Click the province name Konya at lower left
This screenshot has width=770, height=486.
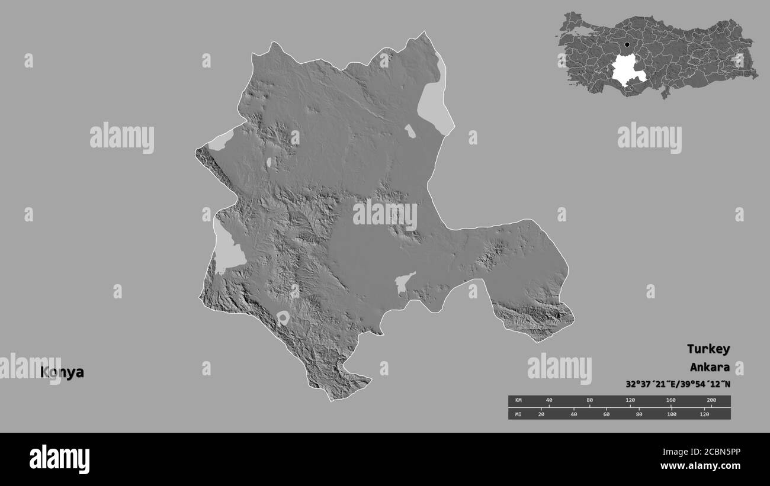pos(62,372)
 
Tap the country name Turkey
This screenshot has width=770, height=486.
pos(708,349)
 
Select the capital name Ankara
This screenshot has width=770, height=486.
pos(709,367)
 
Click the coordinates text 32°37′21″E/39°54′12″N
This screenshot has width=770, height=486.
pos(678,384)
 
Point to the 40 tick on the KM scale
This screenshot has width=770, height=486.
pos(549,401)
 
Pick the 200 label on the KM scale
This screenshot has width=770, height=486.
pos(711,401)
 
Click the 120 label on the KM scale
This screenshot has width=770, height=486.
pos(630,401)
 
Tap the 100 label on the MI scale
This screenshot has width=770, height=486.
pos(671,414)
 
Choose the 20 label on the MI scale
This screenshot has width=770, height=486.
pos(541,414)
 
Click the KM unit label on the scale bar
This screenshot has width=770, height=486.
pos(518,401)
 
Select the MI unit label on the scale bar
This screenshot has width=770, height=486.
pos(518,414)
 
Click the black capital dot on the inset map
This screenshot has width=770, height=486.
pos(627,44)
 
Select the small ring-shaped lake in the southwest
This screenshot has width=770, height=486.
pos(283,318)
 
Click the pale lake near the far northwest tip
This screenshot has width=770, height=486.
pos(222,140)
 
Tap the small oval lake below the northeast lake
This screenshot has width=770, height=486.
pos(410,131)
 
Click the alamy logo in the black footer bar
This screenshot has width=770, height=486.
pos(59,459)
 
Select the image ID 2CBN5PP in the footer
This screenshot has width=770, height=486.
pos(709,451)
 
